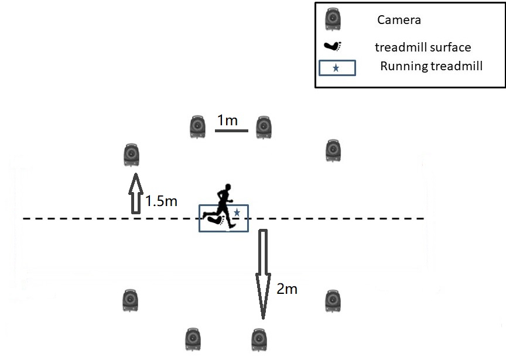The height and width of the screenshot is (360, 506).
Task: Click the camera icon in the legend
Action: click(334, 19)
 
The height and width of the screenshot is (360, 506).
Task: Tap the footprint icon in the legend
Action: click(334, 46)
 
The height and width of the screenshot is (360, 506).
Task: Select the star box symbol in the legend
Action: click(336, 68)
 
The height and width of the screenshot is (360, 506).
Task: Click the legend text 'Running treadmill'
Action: click(431, 66)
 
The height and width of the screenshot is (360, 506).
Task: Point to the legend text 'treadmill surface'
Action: click(422, 47)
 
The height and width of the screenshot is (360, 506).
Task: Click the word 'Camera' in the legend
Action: click(399, 20)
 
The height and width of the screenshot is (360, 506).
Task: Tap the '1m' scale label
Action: click(227, 121)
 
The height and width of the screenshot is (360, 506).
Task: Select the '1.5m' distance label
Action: click(161, 201)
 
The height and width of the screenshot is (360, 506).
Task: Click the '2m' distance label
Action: click(286, 289)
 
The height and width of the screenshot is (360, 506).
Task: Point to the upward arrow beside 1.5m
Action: click(136, 193)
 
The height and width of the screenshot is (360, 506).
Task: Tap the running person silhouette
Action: click(221, 205)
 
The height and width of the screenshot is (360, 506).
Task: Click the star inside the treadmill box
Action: click(237, 212)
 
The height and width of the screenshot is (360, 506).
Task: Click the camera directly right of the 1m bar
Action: click(264, 126)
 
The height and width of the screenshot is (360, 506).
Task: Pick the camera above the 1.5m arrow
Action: click(132, 155)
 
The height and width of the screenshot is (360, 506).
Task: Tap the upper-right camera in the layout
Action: click(333, 150)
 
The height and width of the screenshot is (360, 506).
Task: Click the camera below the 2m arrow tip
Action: click(258, 340)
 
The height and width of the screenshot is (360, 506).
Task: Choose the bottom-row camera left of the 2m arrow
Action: click(193, 340)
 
